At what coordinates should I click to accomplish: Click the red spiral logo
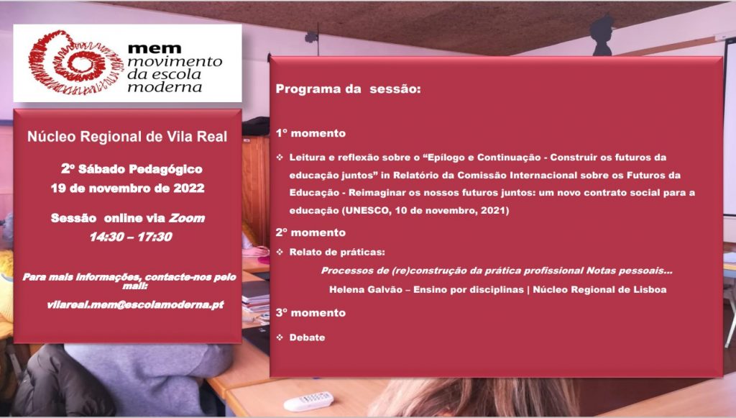[x=75, y=63]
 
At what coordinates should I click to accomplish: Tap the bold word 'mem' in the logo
[x=155, y=48]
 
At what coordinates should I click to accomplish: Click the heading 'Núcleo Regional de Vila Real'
[x=127, y=137]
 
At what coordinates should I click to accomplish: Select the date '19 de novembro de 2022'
[x=128, y=188]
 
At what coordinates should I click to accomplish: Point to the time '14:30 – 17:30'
[x=131, y=237]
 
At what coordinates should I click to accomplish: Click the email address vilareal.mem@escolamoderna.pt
[x=135, y=305]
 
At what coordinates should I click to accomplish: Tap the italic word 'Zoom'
[x=187, y=218]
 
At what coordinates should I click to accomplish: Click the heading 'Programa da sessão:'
[x=348, y=88]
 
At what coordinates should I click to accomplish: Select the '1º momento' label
[x=310, y=133]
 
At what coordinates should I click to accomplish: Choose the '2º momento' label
[x=310, y=232]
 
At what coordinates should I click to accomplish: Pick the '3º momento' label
[x=310, y=313]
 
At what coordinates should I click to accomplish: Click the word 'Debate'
[x=307, y=337]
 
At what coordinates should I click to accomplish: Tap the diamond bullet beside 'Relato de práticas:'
[x=280, y=253]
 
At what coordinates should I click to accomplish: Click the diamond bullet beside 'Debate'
[x=280, y=337]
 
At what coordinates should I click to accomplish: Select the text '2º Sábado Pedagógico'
[x=132, y=169]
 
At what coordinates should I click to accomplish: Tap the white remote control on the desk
[x=308, y=402]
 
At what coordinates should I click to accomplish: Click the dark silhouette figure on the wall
[x=602, y=35]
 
